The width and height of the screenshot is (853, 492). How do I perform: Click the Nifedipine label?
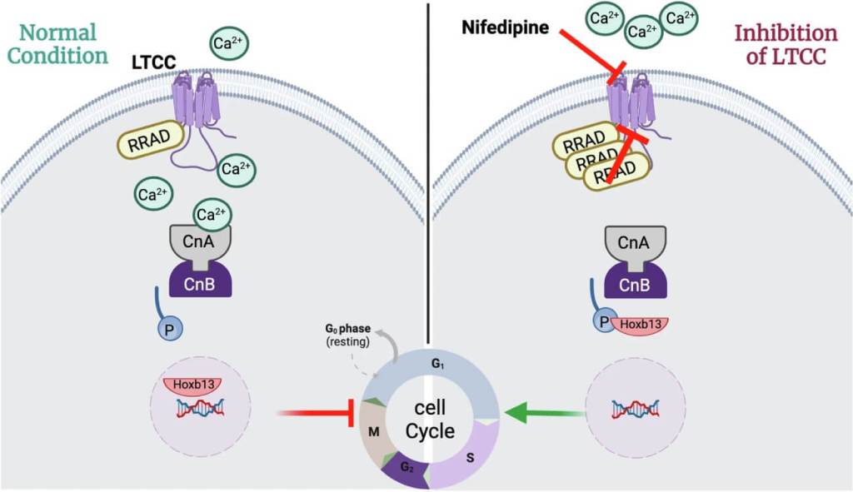(505, 28)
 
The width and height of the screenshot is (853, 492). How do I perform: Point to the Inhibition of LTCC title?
(785, 45)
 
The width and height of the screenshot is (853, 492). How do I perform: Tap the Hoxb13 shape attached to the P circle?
(640, 325)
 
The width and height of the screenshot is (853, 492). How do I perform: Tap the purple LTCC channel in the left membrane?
(193, 101)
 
